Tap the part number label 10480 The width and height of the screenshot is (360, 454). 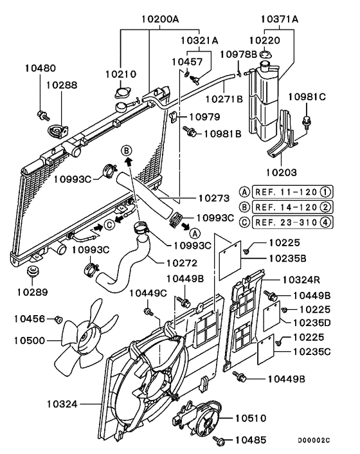40,68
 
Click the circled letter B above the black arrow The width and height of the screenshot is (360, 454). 127,150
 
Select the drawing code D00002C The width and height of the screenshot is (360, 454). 314,440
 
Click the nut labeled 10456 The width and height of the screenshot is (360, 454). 59,319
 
